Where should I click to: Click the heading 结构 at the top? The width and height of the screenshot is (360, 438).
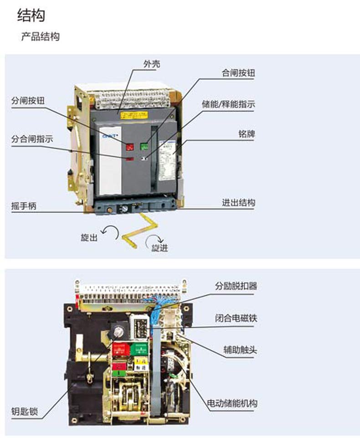point(31,15)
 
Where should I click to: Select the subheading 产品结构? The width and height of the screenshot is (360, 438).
point(41,37)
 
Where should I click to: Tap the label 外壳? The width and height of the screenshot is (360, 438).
point(152,65)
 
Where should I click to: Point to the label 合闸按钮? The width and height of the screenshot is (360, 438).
point(238,73)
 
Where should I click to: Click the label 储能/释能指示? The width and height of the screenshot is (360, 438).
point(228,104)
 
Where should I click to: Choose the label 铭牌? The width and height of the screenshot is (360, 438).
point(247,134)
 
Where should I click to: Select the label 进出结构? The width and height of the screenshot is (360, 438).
point(238,203)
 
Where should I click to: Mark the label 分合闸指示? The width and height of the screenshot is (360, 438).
point(32,139)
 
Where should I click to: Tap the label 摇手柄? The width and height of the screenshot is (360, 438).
point(23,206)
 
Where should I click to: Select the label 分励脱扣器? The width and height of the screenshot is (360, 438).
point(236,286)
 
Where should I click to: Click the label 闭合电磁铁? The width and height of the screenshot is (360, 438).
point(236,318)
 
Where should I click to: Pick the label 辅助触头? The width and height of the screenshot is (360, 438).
point(240,350)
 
